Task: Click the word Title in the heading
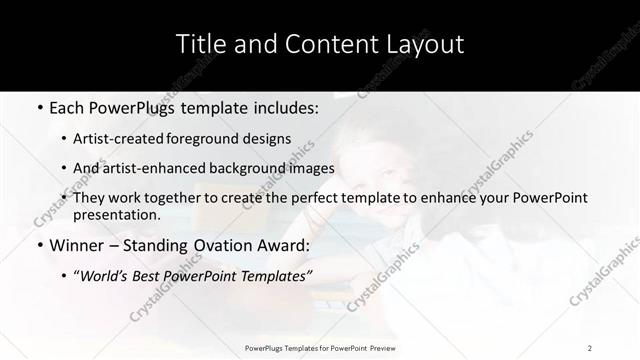click(x=198, y=45)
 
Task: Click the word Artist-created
click(x=130, y=139)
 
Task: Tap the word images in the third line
click(x=310, y=168)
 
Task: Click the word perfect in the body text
click(x=313, y=198)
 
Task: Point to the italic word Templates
click(x=275, y=277)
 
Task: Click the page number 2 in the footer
click(x=590, y=347)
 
